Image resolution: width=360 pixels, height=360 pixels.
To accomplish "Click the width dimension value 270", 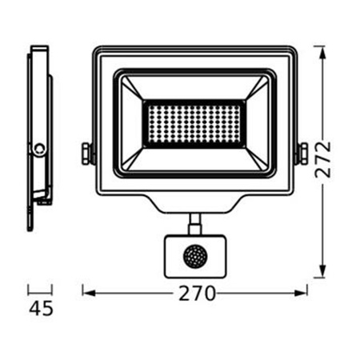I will [x=195, y=294].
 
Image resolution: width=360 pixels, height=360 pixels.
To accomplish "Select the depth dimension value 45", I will [x=40, y=308].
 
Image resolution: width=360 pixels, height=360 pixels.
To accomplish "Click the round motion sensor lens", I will [x=194, y=256].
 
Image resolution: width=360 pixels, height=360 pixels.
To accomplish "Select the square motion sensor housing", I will [x=194, y=256].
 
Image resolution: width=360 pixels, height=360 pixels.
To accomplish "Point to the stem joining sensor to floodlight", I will [x=194, y=222].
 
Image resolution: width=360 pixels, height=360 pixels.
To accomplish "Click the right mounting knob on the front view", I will [x=302, y=151].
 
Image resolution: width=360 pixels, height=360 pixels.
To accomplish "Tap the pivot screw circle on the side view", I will [x=38, y=147].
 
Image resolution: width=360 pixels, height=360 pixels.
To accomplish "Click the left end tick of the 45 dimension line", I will [x=28, y=290].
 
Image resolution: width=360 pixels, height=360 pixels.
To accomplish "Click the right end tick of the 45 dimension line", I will [x=52, y=290].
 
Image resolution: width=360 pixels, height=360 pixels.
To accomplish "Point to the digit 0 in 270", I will [x=209, y=294].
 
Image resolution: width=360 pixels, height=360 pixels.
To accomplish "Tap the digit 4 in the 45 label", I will [x=34, y=308].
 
